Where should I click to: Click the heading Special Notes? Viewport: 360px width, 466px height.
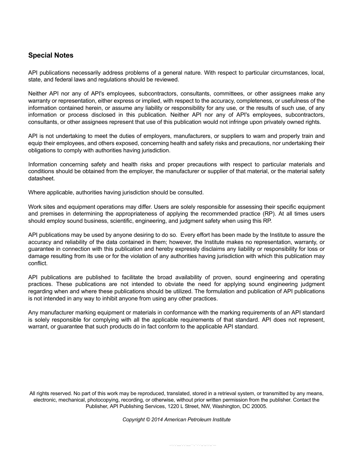51,55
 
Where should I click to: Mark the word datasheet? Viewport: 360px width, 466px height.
41,178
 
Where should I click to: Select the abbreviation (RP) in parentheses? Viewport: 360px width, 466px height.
269,214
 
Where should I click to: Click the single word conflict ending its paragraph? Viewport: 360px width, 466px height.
38,263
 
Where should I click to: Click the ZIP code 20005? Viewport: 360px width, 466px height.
259,406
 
